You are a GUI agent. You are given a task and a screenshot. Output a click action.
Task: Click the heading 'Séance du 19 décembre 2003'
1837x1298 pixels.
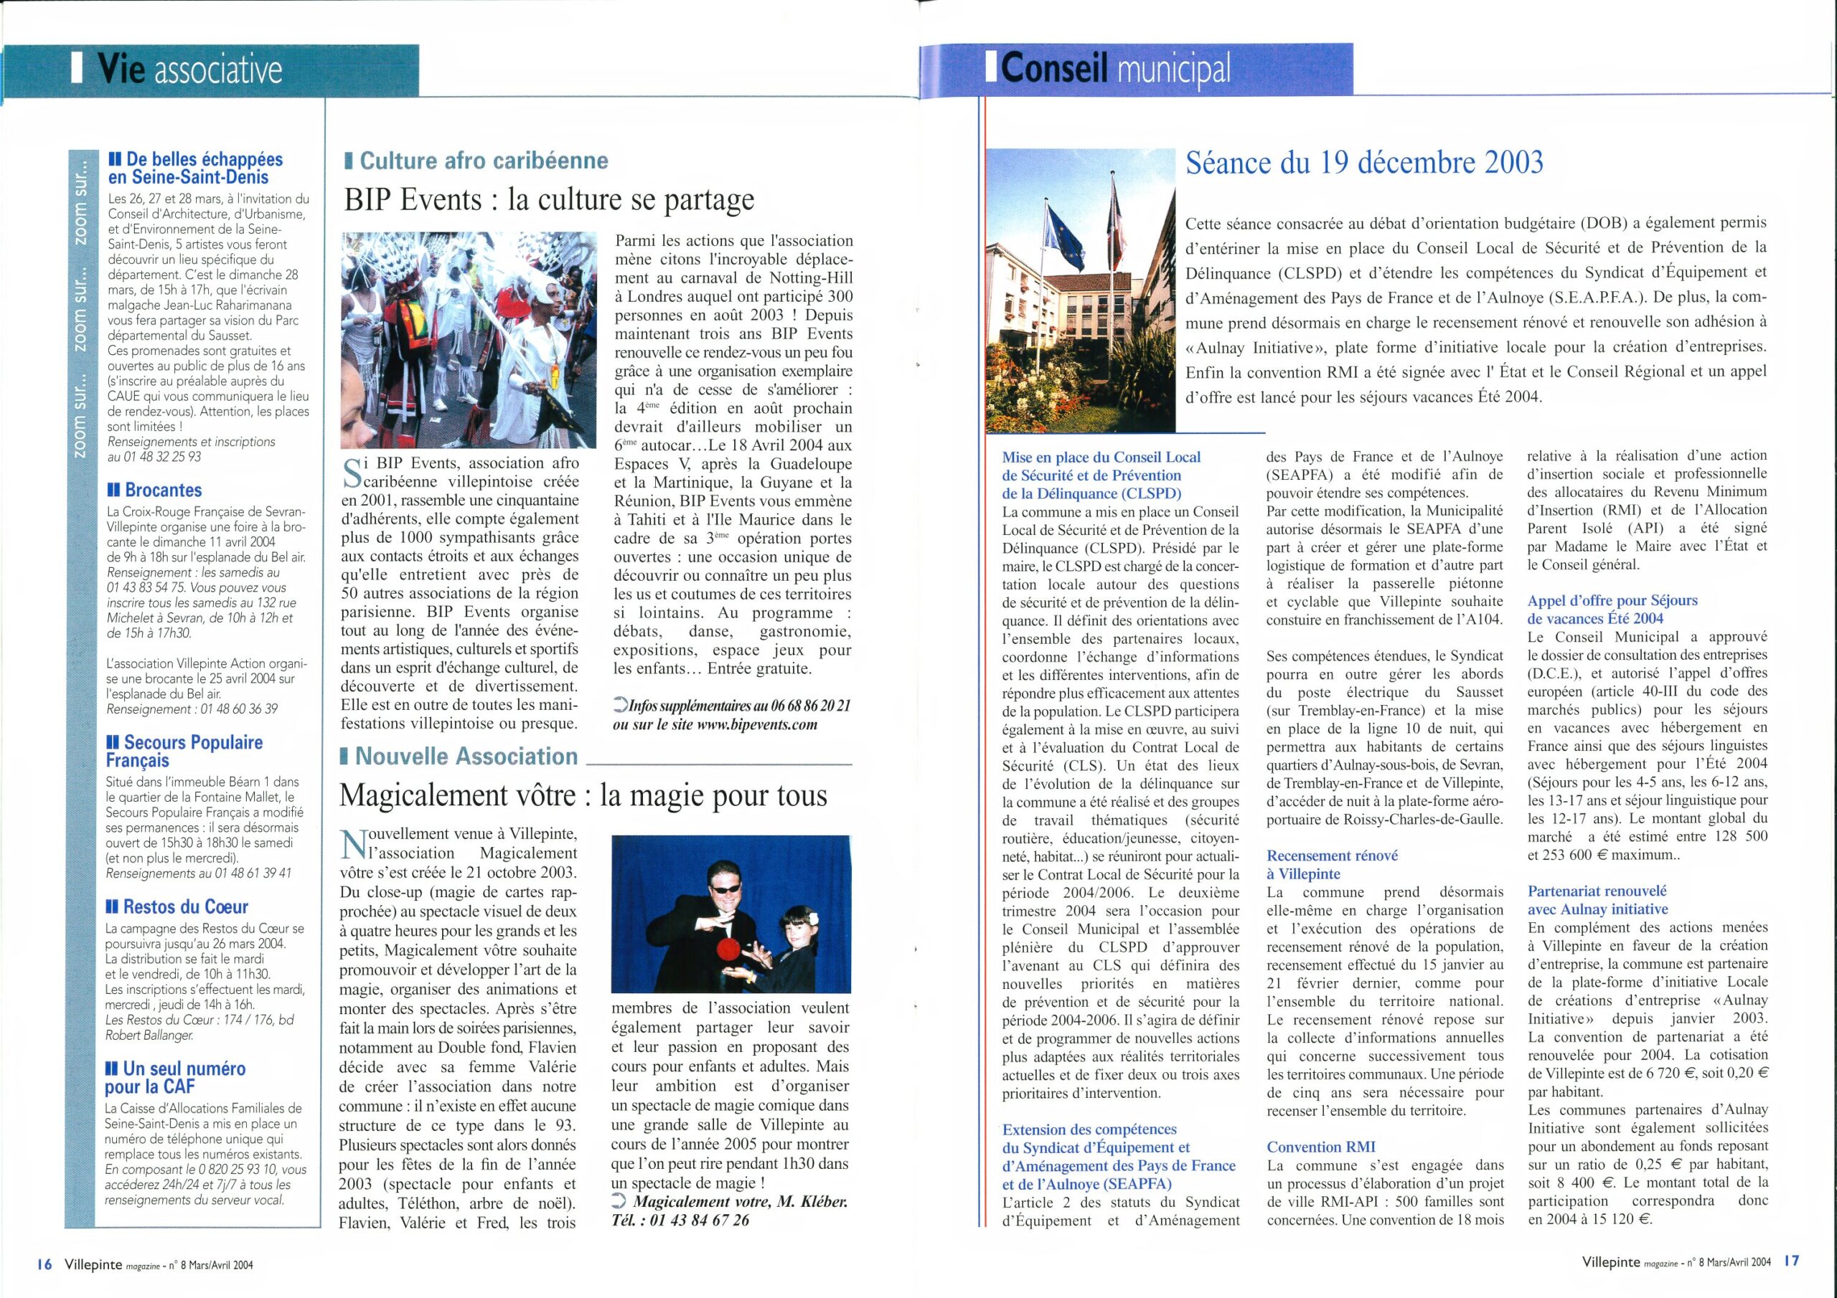coord(1363,164)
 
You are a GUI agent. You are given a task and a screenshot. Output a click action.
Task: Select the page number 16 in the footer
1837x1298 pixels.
coord(44,1264)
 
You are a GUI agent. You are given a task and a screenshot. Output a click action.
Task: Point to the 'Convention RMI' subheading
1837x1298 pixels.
coord(1320,1147)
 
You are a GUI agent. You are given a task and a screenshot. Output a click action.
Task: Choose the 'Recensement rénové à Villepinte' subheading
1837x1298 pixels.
coord(1332,865)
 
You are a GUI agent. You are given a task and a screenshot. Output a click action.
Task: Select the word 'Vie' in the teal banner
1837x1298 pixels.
coord(121,70)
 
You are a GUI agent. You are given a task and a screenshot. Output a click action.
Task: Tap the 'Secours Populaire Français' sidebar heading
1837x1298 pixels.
coord(184,751)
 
